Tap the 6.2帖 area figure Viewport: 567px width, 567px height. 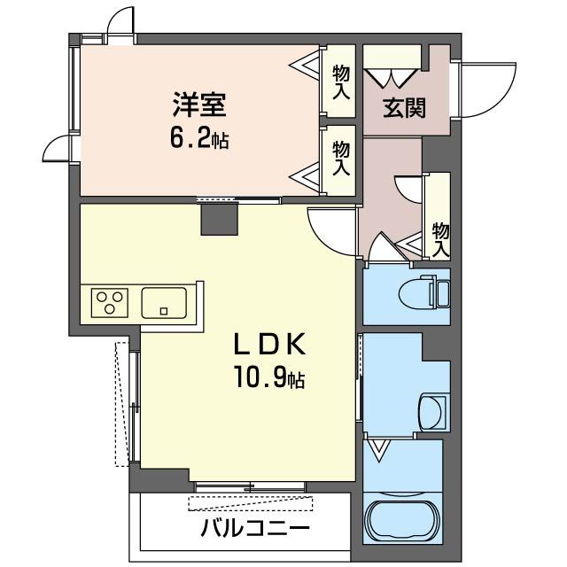pos(199,137)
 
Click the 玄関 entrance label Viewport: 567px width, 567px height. pos(404,108)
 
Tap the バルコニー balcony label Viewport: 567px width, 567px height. pos(254,532)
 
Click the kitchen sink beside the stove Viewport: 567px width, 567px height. pos(164,301)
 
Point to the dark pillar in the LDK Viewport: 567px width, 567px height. pos(220,218)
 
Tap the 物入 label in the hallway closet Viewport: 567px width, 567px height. pos(440,238)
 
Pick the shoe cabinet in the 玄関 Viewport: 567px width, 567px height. pos(391,67)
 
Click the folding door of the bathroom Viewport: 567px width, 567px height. pos(380,451)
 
